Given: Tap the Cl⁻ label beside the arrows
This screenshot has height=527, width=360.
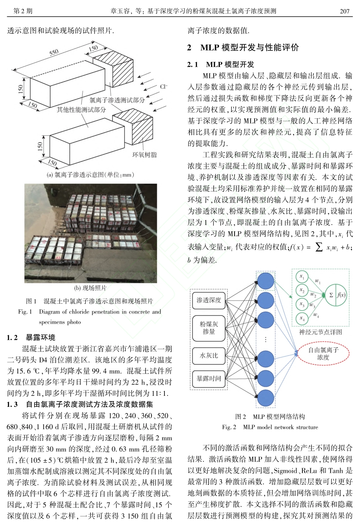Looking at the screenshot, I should click(x=163, y=87).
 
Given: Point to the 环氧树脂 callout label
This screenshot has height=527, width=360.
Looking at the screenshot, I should click(x=144, y=155).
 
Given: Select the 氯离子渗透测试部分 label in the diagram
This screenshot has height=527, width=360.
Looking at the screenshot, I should click(x=117, y=100).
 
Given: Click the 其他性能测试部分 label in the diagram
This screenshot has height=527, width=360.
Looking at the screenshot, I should click(x=81, y=110).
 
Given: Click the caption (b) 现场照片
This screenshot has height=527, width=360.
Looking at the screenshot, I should click(x=91, y=288).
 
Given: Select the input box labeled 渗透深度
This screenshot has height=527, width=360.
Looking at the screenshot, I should click(x=209, y=300).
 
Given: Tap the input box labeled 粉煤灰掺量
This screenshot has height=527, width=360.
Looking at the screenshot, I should click(x=209, y=328).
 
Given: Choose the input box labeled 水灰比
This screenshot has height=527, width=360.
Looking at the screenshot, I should click(x=209, y=356).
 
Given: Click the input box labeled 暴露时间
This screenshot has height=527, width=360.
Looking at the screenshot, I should click(x=209, y=378).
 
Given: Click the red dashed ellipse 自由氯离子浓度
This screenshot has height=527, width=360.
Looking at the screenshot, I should click(x=323, y=354).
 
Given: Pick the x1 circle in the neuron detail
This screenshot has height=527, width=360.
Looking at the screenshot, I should click(x=302, y=277).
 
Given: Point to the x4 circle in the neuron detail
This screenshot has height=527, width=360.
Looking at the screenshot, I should click(x=302, y=318).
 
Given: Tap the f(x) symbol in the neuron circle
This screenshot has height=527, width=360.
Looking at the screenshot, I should click(x=341, y=295).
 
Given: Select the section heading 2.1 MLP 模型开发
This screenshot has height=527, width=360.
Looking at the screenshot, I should click(x=221, y=64).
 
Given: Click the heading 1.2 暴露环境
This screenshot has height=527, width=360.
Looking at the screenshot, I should click(x=31, y=337).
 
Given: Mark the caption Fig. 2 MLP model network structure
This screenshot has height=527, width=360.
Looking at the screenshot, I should click(x=270, y=427).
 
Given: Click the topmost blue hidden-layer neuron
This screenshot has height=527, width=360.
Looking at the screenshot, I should click(x=265, y=281).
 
